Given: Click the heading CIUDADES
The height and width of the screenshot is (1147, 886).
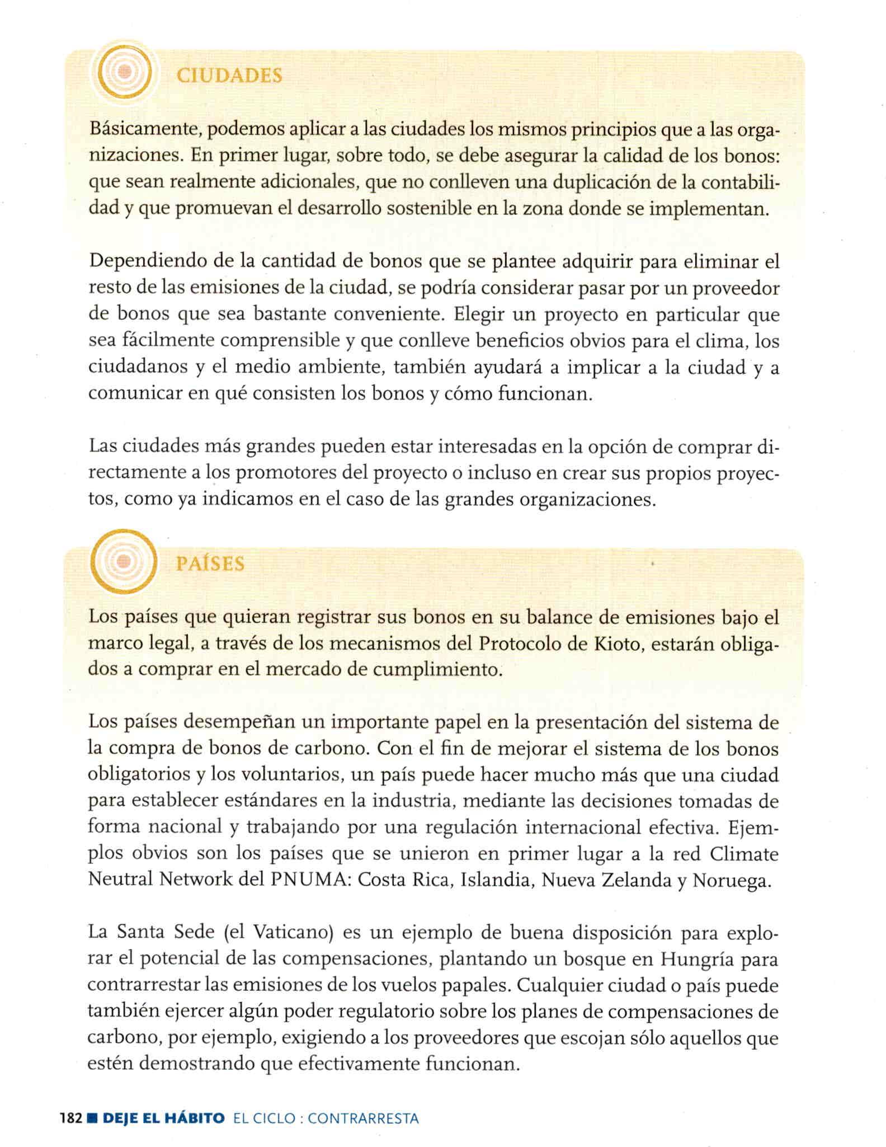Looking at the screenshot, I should (229, 76).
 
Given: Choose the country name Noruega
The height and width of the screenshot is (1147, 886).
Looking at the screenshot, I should (732, 880).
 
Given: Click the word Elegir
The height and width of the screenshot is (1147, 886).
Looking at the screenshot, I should (483, 314).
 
